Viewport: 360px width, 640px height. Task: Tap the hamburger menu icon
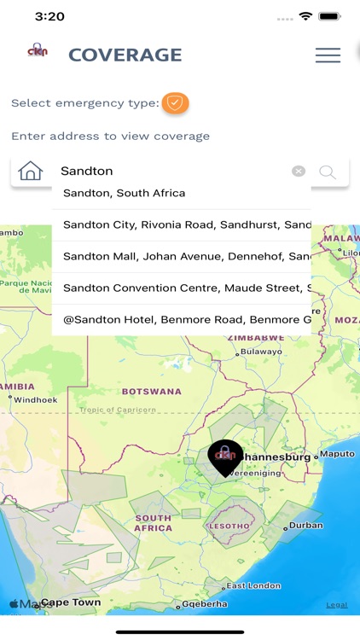click(328, 55)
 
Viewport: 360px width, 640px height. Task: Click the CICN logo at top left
click(38, 51)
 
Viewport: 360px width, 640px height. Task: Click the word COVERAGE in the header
click(125, 55)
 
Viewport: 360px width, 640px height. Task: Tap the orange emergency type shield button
click(175, 103)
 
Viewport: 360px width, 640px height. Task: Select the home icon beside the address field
click(30, 171)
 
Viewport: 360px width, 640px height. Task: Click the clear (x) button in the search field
click(298, 171)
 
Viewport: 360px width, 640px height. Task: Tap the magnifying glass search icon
click(328, 172)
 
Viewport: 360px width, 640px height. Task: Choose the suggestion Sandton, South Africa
click(124, 193)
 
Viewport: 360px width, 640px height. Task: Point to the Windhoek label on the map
click(35, 399)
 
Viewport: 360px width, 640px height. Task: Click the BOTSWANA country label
click(151, 392)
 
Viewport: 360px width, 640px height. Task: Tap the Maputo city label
click(336, 454)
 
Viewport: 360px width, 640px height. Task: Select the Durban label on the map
click(305, 526)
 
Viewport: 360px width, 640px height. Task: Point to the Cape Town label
click(71, 602)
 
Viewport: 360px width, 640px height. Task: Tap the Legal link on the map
click(336, 605)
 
